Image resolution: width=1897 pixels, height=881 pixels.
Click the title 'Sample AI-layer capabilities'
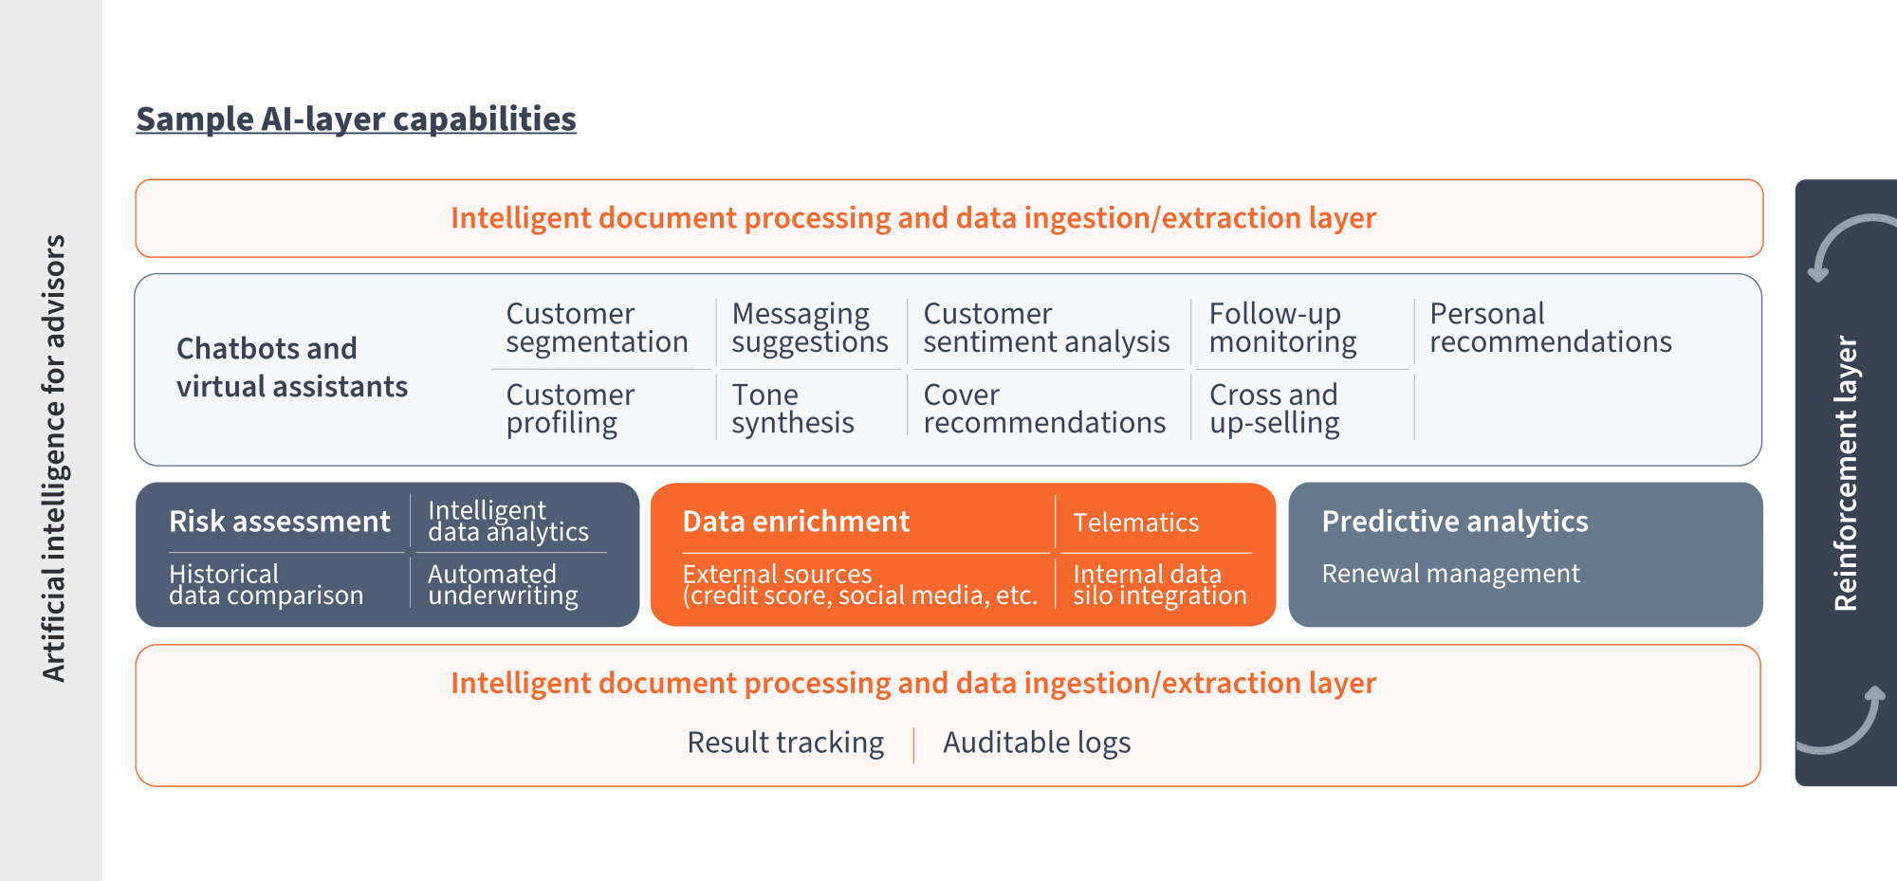(356, 119)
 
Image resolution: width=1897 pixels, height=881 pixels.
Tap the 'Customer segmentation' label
(597, 328)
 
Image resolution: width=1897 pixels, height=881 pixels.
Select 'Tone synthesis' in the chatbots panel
(792, 409)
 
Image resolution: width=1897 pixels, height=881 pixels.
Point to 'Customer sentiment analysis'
(1046, 328)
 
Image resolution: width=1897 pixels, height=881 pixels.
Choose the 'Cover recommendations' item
(1044, 409)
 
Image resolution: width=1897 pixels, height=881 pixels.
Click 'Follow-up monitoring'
(1282, 328)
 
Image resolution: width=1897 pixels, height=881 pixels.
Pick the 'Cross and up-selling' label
(1274, 409)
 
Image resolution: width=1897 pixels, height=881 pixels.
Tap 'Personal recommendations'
(1550, 328)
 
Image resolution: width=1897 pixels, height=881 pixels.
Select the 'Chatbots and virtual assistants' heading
(291, 368)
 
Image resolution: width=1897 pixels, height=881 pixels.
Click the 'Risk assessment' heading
(279, 522)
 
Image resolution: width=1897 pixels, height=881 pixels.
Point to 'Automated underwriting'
(503, 585)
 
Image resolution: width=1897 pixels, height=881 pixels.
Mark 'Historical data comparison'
(266, 585)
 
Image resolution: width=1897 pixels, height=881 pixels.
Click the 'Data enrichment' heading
(796, 522)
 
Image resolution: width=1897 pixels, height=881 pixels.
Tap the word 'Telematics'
(1135, 523)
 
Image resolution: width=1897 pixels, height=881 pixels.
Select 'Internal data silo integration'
(1159, 585)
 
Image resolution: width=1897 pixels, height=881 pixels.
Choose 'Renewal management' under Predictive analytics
(1450, 574)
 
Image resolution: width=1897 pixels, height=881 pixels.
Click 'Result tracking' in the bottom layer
(785, 743)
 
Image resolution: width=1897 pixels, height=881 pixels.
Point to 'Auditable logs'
(1037, 743)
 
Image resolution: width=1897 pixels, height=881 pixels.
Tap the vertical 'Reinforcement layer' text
(1846, 474)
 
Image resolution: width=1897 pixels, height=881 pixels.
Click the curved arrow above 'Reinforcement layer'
(1845, 242)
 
